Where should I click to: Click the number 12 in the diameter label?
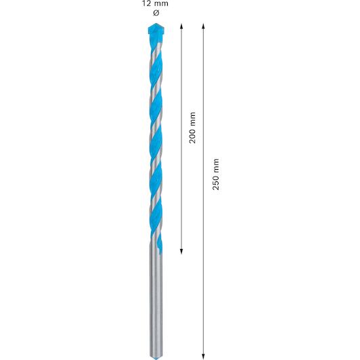[146, 3]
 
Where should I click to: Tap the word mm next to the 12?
[161, 3]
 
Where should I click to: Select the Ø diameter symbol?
[156, 13]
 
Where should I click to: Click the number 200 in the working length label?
[192, 135]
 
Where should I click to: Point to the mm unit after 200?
[192, 118]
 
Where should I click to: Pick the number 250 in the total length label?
[216, 181]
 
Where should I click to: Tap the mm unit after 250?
[216, 165]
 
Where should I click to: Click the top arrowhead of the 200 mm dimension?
[181, 26]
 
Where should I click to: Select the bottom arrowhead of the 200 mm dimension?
[181, 252]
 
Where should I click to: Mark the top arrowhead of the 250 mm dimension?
[203, 26]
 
